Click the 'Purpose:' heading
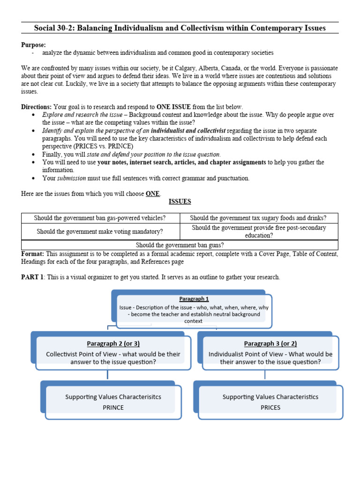point(33,45)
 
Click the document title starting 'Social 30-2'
point(180,28)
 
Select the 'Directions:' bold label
point(37,107)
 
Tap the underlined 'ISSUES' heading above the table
point(180,202)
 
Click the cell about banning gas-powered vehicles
point(101,218)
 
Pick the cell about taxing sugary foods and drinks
point(258,218)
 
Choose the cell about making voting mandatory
point(100,232)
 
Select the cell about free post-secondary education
point(258,232)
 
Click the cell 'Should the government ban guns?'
point(180,245)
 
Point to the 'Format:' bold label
point(32,254)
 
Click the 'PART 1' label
point(32,277)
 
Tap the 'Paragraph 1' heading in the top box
point(194,299)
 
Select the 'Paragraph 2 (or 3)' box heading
point(113,344)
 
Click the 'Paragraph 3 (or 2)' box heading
point(270,344)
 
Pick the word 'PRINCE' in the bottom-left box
point(113,407)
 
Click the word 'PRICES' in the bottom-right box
point(270,407)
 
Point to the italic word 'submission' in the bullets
point(72,178)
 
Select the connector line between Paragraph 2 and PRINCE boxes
point(108,374)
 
